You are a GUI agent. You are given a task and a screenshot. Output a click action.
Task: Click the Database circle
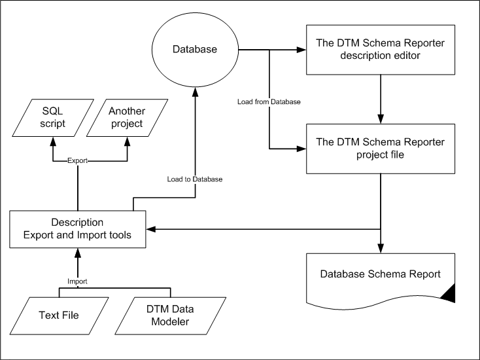[195, 50]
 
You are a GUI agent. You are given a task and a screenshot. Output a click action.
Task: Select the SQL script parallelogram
[53, 118]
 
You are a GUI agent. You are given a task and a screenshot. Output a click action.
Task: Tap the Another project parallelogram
[127, 118]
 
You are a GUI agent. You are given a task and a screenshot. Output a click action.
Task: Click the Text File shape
[59, 315]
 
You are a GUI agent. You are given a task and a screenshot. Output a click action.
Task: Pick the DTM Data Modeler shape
[170, 315]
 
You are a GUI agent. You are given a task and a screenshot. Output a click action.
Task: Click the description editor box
[381, 50]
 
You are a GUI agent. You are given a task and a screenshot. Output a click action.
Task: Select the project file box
[381, 149]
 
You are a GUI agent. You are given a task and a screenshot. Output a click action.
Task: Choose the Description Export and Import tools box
[77, 229]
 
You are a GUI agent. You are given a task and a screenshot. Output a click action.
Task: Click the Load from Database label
[269, 101]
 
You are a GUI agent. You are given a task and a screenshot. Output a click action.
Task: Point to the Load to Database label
[195, 179]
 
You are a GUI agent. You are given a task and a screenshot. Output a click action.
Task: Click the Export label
[77, 160]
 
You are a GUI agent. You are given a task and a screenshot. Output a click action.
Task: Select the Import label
[77, 281]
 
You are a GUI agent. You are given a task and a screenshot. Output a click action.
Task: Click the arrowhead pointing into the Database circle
[195, 92]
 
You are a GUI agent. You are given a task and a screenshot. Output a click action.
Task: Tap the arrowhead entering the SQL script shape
[53, 141]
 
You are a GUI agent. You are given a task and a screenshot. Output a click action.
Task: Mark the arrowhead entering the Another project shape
[127, 141]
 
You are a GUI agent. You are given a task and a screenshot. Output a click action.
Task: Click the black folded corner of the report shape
[450, 292]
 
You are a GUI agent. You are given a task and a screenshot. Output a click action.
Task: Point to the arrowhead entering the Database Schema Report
[381, 249]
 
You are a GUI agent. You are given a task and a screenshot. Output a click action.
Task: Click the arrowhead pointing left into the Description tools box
[151, 229]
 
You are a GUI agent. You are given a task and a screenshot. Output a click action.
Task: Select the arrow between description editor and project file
[381, 99]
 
